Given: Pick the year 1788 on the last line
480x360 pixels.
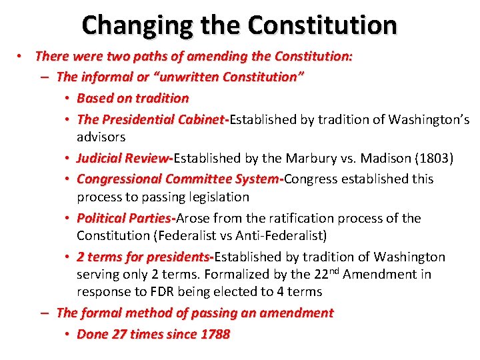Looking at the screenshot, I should point(215,335).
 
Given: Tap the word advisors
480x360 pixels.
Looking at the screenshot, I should point(101,137).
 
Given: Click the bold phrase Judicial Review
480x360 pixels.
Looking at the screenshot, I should point(123,159).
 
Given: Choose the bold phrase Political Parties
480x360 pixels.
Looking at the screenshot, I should point(125,218).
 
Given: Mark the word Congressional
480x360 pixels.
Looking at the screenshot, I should point(119,179).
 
